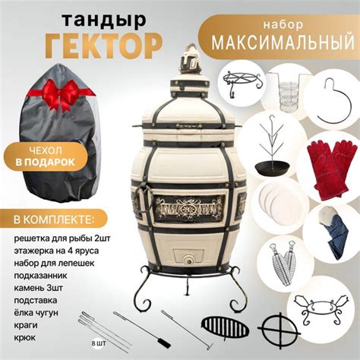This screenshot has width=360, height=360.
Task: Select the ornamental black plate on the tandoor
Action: click(188, 207)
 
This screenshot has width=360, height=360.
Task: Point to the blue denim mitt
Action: click(335, 235)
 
